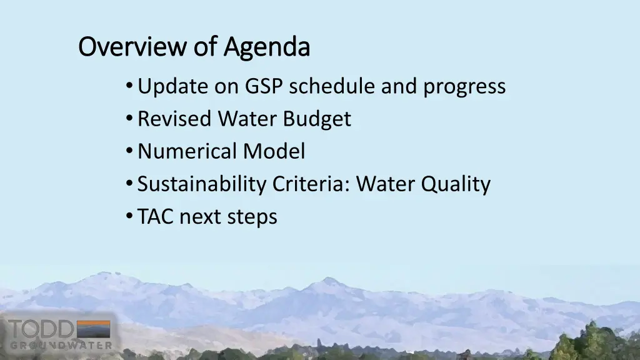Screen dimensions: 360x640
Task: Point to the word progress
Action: [x=464, y=87]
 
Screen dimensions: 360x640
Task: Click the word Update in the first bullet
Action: [x=172, y=87]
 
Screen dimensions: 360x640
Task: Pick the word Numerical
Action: [x=187, y=151]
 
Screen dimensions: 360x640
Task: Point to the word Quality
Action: [x=456, y=184]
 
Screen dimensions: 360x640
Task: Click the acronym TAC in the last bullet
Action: [x=156, y=216]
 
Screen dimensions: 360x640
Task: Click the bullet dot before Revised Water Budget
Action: [x=128, y=119]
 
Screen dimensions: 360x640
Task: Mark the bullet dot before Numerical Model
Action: [x=128, y=151]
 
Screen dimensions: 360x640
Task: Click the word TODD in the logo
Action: [x=40, y=329]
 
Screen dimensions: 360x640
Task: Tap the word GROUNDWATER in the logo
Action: [x=61, y=345]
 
